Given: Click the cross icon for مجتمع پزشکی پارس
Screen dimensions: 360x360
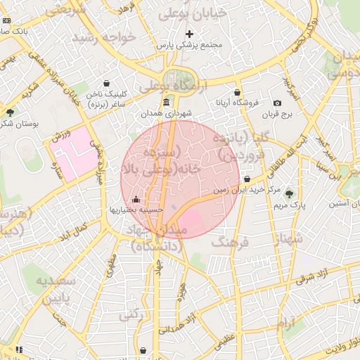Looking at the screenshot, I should pos(189,34).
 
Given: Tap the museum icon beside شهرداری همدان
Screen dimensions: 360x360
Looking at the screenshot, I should pos(166,103).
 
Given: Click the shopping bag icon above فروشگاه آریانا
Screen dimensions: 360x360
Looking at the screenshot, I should pos(238,92).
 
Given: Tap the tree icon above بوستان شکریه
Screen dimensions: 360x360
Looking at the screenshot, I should pos(10,112).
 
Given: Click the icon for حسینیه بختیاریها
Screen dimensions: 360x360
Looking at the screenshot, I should pos(136,199).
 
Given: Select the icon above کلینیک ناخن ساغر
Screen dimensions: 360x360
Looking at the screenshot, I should pos(106,83).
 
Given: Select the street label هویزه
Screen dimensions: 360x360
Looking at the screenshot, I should pos(182,288).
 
